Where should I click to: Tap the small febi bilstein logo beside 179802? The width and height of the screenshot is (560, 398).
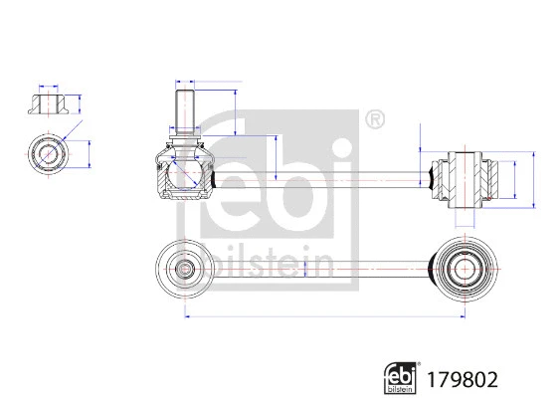coord(399,377)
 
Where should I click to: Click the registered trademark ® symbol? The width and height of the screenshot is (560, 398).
coord(374,120)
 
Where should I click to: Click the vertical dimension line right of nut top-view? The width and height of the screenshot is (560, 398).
coord(91,154)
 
